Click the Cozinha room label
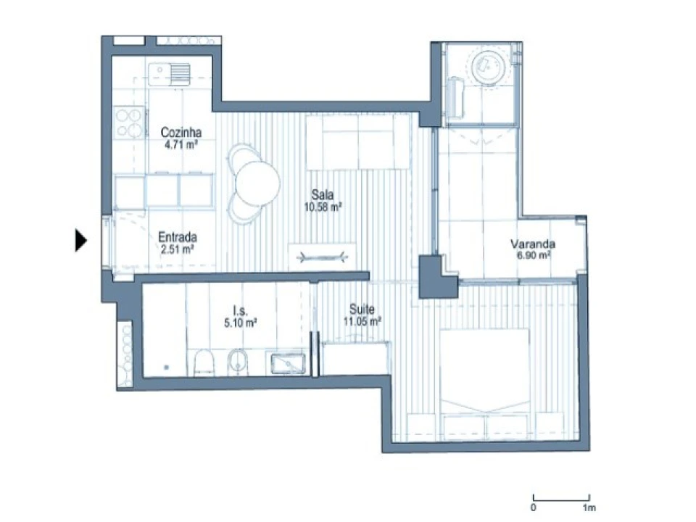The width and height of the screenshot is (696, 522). (181, 132)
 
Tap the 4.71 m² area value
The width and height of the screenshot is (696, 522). (181, 144)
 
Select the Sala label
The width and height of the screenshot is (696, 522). (322, 194)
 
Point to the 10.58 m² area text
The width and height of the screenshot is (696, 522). (323, 207)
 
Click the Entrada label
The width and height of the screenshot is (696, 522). (178, 237)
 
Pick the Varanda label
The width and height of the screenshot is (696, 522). (533, 244)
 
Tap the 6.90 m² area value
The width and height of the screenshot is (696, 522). (534, 255)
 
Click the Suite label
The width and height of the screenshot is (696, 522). (362, 309)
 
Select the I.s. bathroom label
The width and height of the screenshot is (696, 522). (240, 310)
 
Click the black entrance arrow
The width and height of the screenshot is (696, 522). (80, 240)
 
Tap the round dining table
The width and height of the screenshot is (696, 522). (257, 183)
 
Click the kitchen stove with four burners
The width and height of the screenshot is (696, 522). (129, 123)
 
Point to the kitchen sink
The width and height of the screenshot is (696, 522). (169, 73)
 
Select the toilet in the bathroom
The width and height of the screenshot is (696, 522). (204, 362)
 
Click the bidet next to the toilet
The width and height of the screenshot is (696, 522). (239, 362)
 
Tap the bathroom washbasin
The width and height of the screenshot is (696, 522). (288, 363)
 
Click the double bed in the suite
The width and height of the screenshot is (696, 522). (485, 384)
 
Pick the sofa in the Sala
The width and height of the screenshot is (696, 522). (357, 142)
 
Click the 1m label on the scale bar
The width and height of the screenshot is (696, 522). (589, 507)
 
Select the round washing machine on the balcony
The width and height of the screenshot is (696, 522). (487, 67)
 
